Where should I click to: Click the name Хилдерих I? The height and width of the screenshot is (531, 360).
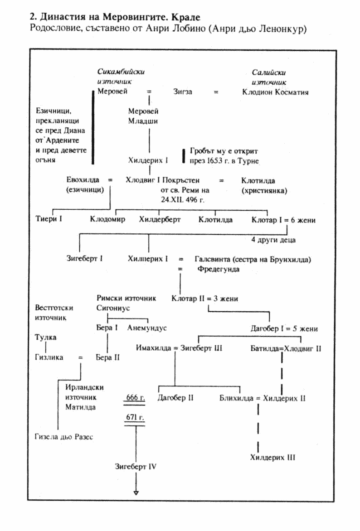tap(148, 160)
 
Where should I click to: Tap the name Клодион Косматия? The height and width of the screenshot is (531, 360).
tap(275, 92)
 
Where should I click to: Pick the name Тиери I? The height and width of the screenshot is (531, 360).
tap(49, 220)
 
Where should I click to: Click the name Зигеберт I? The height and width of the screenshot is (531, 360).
tap(84, 259)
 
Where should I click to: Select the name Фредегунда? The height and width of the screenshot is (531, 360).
tap(219, 269)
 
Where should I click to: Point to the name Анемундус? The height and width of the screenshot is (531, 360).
tap(146, 328)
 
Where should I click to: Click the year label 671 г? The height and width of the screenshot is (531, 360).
tap(135, 417)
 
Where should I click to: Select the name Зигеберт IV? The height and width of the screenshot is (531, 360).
tap(136, 466)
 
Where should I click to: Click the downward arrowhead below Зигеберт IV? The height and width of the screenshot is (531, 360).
tap(136, 493)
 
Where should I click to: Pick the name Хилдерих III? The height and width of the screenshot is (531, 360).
tap(272, 457)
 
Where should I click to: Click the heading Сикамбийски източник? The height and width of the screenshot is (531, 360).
tap(121, 77)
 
